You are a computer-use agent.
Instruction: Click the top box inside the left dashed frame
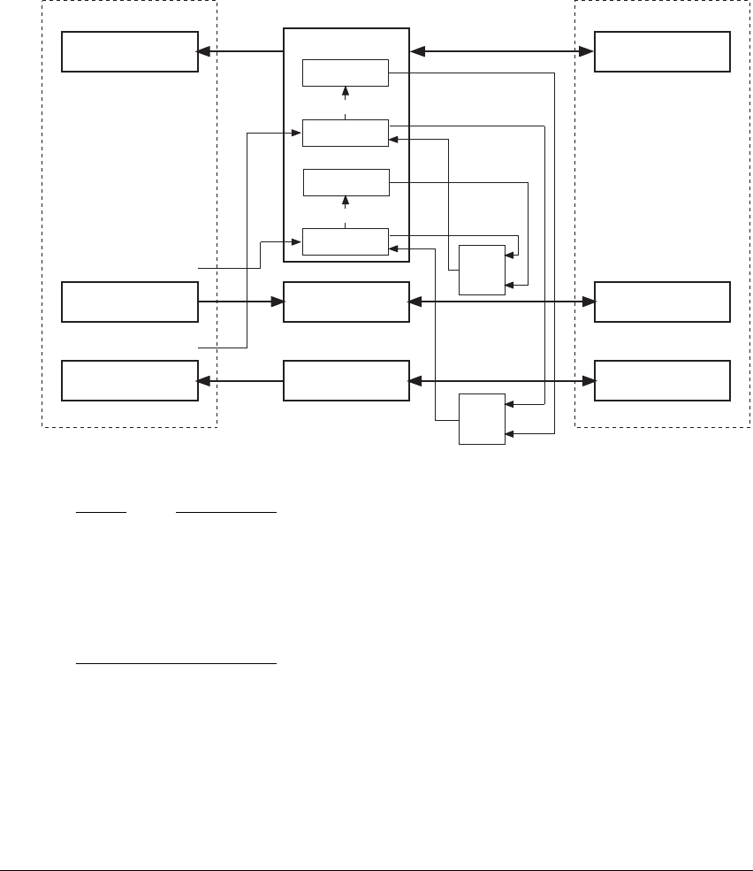pyautogui.click(x=129, y=51)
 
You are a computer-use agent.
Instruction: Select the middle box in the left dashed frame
pyautogui.click(x=129, y=302)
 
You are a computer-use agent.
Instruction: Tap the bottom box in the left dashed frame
pyautogui.click(x=129, y=380)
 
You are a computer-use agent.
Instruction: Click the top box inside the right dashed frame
pyautogui.click(x=662, y=51)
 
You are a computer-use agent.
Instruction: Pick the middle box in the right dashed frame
pyautogui.click(x=662, y=302)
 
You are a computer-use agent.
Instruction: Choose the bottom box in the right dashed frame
pyautogui.click(x=662, y=380)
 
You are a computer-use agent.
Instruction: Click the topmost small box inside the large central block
pyautogui.click(x=346, y=73)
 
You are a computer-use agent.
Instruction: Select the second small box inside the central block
pyautogui.click(x=346, y=133)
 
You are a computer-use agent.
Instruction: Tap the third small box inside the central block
pyautogui.click(x=346, y=182)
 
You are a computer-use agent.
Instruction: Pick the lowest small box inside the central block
pyautogui.click(x=346, y=241)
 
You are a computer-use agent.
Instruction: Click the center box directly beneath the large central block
pyautogui.click(x=346, y=302)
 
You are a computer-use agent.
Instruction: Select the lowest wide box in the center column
pyautogui.click(x=346, y=380)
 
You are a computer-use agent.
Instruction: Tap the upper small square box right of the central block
pyautogui.click(x=482, y=270)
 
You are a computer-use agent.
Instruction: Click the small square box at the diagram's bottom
pyautogui.click(x=482, y=419)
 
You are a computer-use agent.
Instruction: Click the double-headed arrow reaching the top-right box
pyautogui.click(x=502, y=52)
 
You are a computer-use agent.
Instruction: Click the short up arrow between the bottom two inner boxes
pyautogui.click(x=346, y=210)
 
